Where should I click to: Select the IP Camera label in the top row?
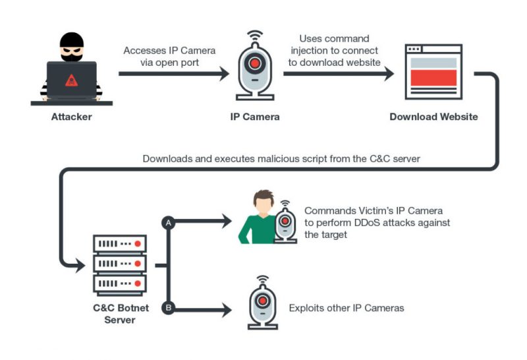coord(255,117)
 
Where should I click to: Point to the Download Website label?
coord(433,117)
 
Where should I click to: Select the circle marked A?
coord(168,224)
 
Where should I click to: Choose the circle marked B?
coord(168,307)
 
